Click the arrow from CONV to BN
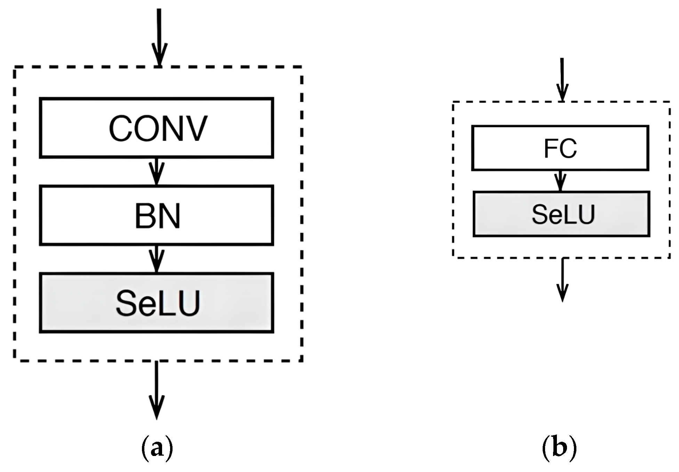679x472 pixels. click(x=157, y=171)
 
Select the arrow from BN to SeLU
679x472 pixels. click(x=157, y=259)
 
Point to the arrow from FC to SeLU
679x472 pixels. click(x=560, y=181)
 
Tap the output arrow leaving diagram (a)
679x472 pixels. click(x=157, y=390)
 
